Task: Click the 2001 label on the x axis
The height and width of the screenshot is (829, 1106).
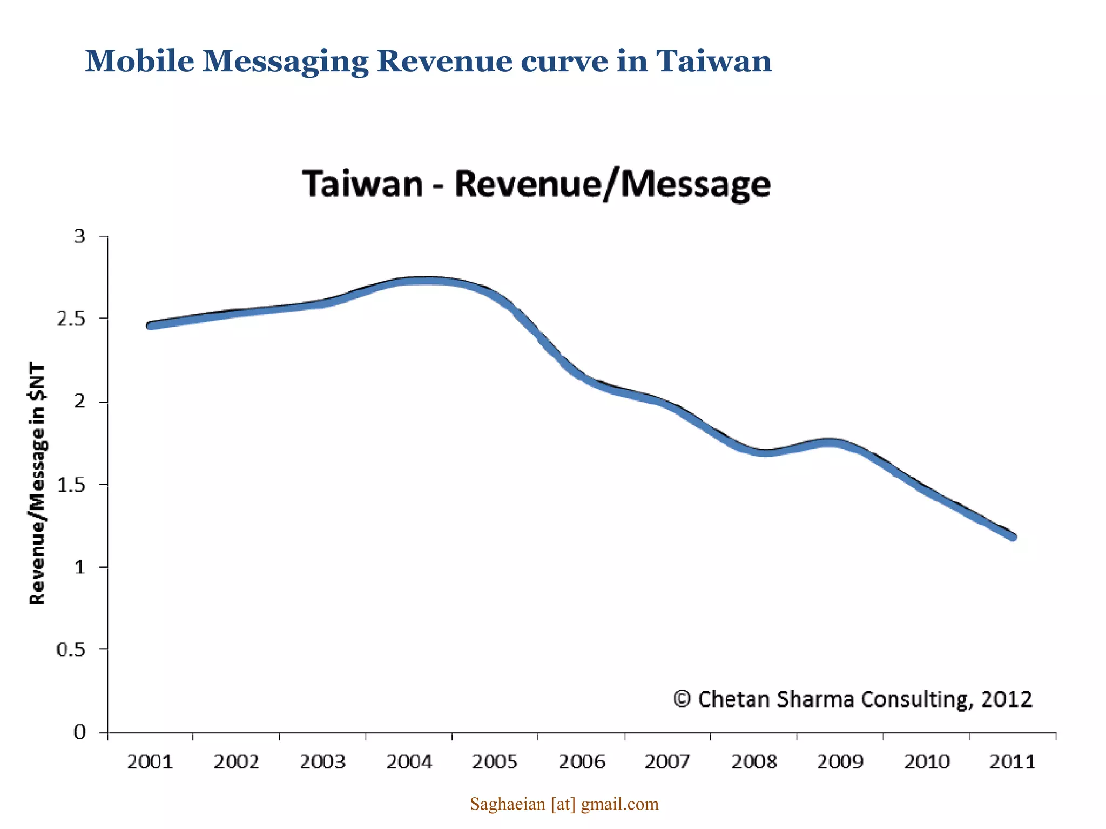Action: click(x=150, y=762)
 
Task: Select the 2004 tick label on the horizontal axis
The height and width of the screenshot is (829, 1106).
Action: click(x=409, y=762)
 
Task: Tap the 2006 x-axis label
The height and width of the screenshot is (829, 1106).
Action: click(x=582, y=762)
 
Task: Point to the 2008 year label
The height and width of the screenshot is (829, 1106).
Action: click(x=754, y=762)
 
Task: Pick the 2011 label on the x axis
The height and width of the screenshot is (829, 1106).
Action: click(x=1012, y=762)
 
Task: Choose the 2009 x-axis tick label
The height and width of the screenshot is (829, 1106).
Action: click(x=840, y=762)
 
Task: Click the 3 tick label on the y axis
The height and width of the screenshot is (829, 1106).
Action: click(x=80, y=236)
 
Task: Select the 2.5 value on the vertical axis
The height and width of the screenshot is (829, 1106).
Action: click(x=71, y=319)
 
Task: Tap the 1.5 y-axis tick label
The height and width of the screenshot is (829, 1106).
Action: click(x=71, y=485)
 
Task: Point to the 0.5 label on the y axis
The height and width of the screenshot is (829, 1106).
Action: click(x=71, y=650)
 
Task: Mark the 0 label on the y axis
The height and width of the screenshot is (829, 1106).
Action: click(x=80, y=732)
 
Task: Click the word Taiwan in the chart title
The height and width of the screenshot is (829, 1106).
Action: click(x=362, y=184)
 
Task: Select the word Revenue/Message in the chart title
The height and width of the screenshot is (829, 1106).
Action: click(x=612, y=185)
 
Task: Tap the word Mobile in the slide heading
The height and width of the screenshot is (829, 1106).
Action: click(x=139, y=60)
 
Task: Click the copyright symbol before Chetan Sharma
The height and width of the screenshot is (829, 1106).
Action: click(x=682, y=699)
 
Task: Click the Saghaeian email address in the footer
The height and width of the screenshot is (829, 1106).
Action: click(x=564, y=804)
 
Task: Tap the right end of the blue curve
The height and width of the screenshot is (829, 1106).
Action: click(x=1013, y=536)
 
